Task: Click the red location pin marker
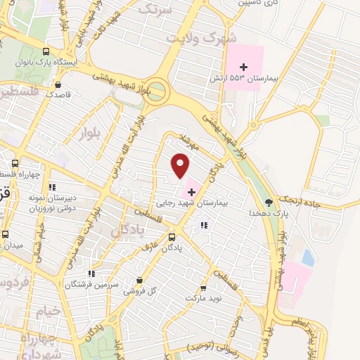click(x=181, y=165)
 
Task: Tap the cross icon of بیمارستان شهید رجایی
click(x=191, y=191)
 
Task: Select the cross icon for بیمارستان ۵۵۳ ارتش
click(x=244, y=66)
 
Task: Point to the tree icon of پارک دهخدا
click(x=270, y=203)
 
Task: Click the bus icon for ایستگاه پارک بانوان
click(x=46, y=51)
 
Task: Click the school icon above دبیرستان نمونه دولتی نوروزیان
click(x=51, y=187)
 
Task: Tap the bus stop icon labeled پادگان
click(x=172, y=237)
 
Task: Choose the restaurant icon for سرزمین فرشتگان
click(x=91, y=274)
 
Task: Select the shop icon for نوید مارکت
click(x=203, y=288)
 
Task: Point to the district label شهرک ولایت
click(x=200, y=40)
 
